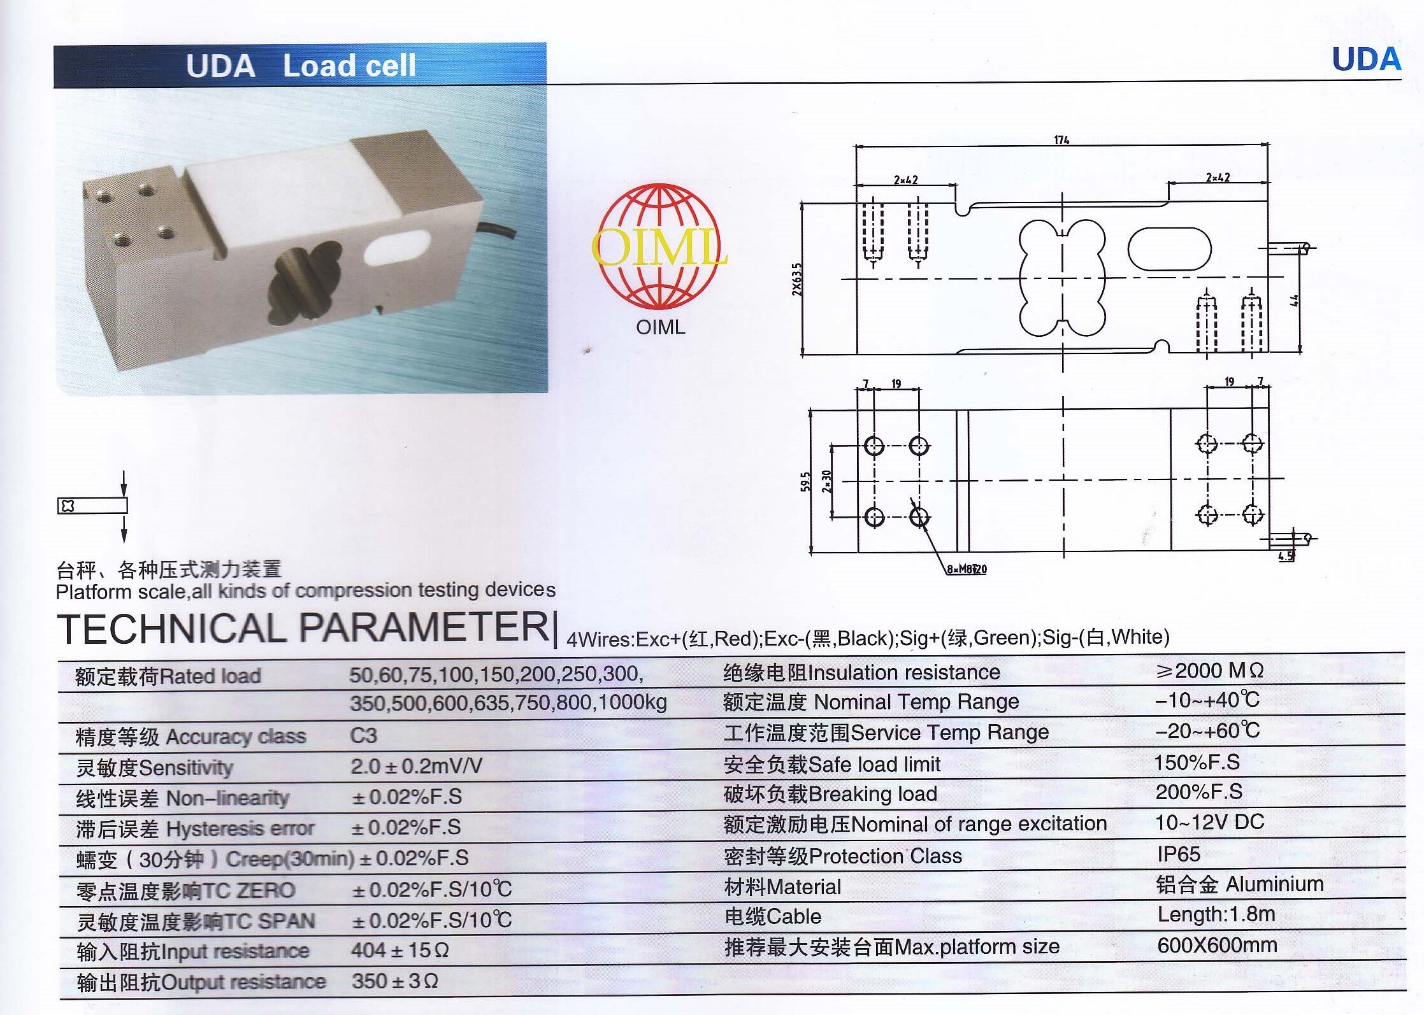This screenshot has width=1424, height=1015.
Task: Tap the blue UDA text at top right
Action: (1367, 60)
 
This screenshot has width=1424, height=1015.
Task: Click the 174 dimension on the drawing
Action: (1061, 139)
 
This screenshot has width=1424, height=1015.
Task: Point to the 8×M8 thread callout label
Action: (967, 569)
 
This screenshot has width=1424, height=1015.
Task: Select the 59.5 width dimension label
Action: (806, 481)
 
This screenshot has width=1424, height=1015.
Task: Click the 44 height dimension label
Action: (1294, 300)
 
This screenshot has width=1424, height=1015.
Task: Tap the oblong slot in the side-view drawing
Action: (1169, 250)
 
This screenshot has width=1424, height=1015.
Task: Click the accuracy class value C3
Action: (364, 735)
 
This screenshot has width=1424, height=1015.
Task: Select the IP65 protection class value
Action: (1179, 854)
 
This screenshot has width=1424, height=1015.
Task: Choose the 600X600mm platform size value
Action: (1217, 945)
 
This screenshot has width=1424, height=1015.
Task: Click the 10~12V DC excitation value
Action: (1210, 822)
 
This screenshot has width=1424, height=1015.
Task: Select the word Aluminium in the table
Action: (1274, 884)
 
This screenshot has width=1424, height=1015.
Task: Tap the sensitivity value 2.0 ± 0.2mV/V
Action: (417, 766)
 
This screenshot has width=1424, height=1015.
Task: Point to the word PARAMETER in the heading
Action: (424, 627)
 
